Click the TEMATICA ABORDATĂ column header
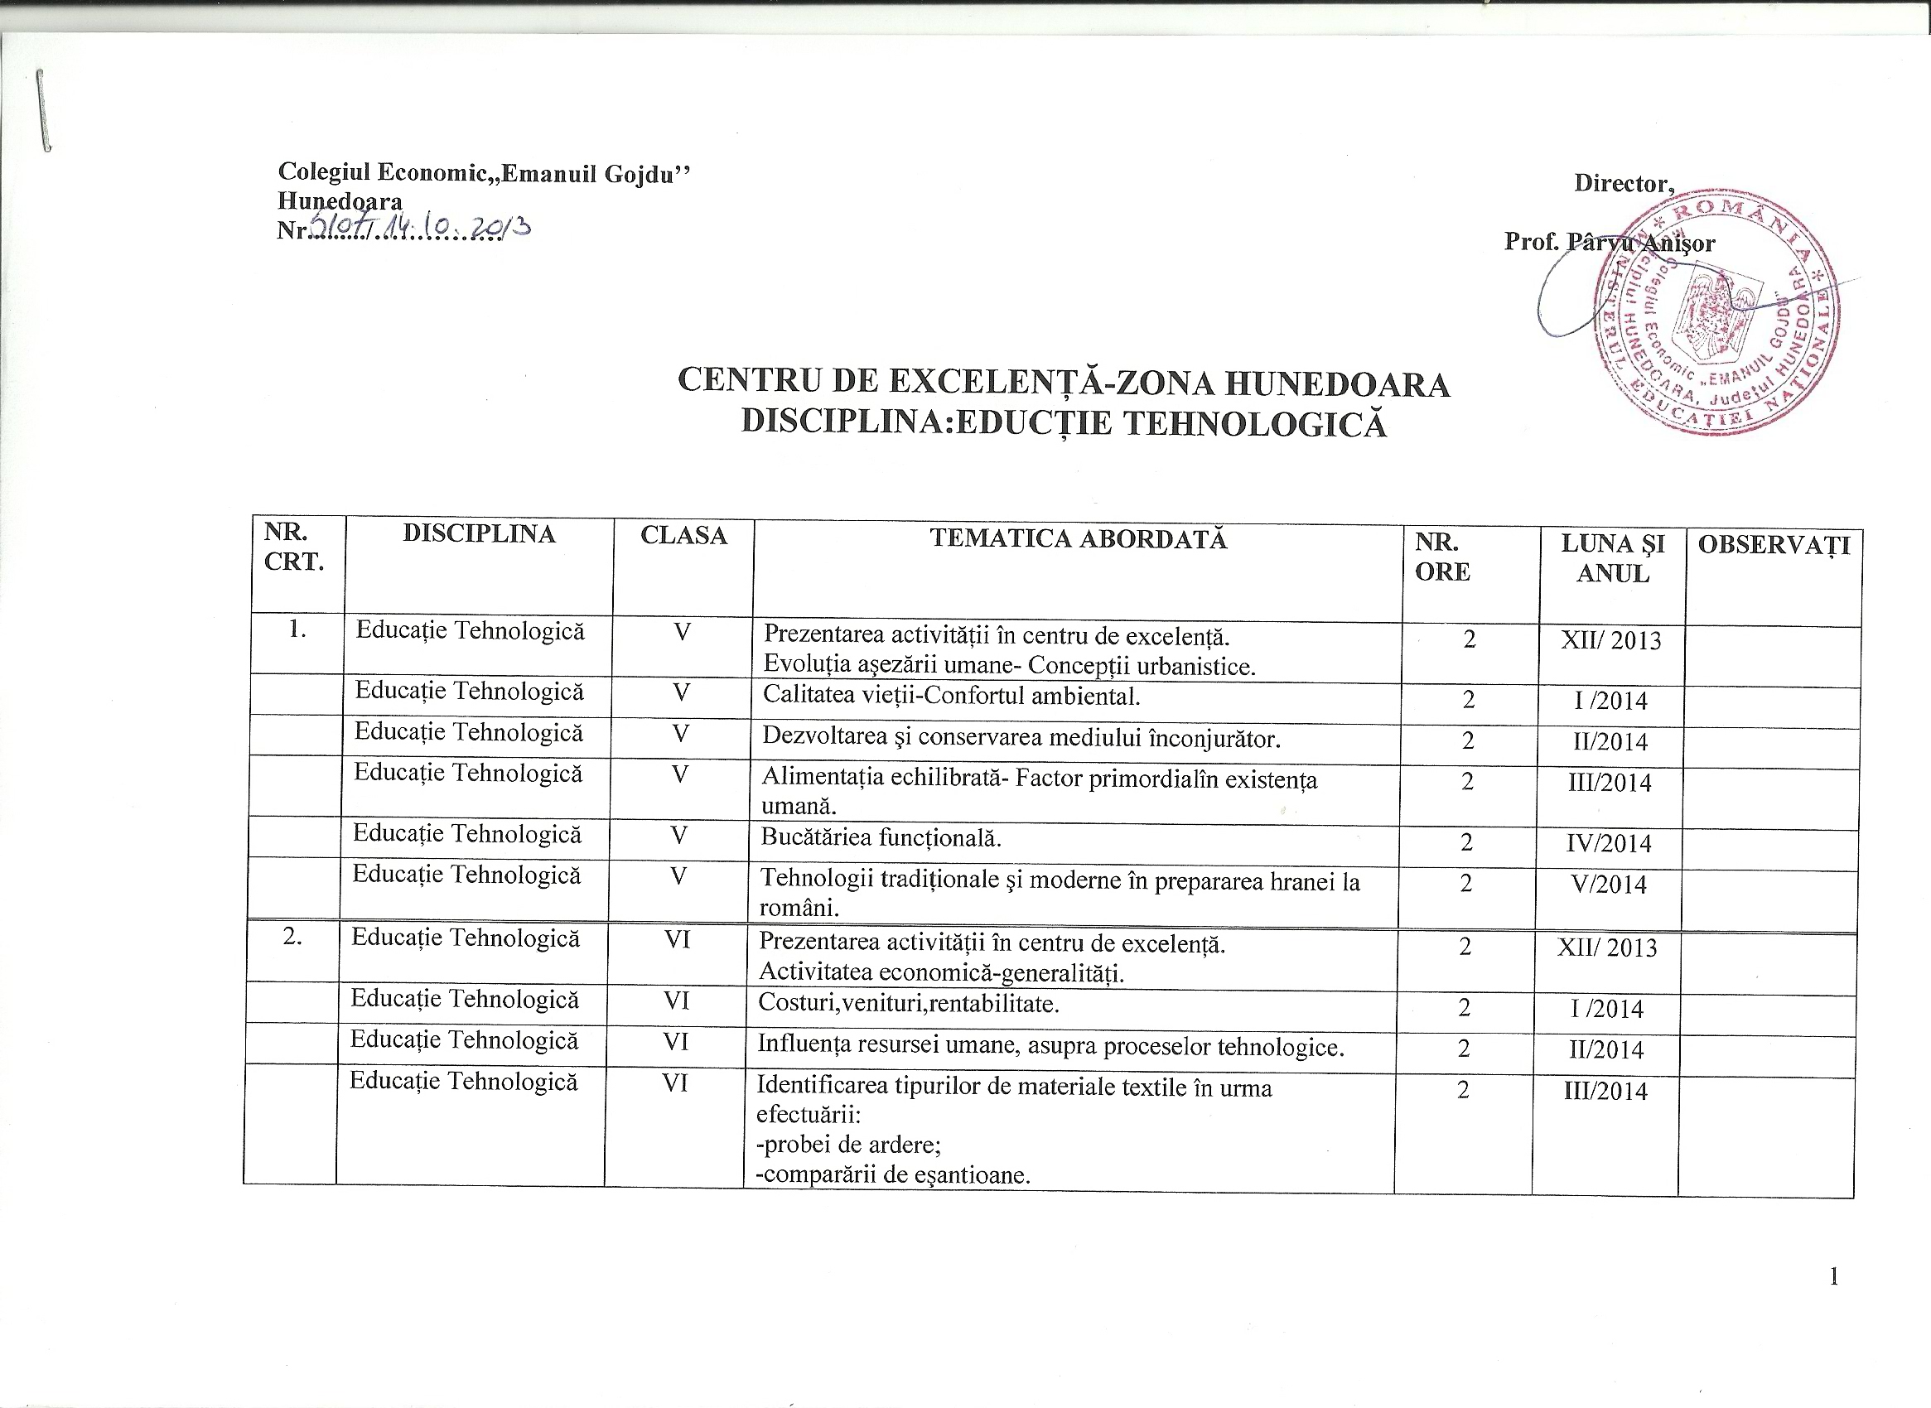click(x=1078, y=538)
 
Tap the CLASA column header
click(x=683, y=535)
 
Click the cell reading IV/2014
click(x=1610, y=844)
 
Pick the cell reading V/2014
click(x=1610, y=885)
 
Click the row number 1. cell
click(x=297, y=631)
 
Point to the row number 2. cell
click(x=292, y=938)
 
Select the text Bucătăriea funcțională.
click(x=881, y=839)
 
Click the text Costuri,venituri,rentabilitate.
click(x=909, y=1004)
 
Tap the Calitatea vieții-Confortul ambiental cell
click(x=952, y=697)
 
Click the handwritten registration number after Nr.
click(x=418, y=229)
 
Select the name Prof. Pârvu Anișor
click(x=1609, y=243)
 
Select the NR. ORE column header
click(x=1442, y=557)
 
